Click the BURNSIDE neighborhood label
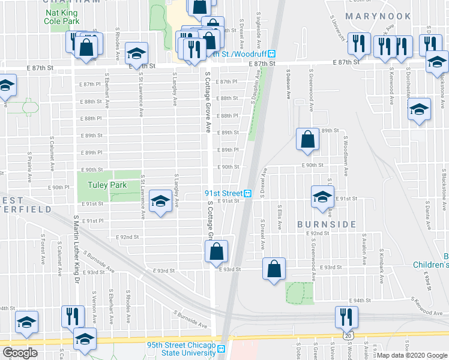(322, 224)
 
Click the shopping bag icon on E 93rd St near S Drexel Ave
(274, 269)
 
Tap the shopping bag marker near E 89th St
(307, 140)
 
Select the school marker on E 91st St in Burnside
(323, 197)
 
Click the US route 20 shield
(349, 337)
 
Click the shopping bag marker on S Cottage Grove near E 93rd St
(217, 251)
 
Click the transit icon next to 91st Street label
(247, 193)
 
